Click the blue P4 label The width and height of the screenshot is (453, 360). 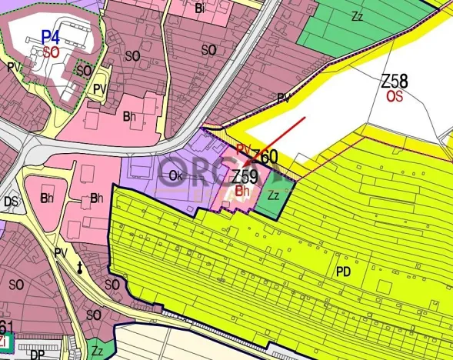click(x=51, y=36)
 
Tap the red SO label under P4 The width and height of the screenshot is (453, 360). click(x=51, y=52)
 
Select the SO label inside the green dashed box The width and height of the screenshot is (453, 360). click(x=85, y=71)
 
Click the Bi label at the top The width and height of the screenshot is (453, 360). click(x=200, y=8)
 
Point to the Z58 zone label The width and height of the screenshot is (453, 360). click(x=395, y=81)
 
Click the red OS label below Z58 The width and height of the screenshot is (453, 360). click(x=395, y=96)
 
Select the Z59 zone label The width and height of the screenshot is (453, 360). click(x=245, y=175)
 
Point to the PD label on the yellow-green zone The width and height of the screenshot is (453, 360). click(x=343, y=271)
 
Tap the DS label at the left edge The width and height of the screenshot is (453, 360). click(x=11, y=202)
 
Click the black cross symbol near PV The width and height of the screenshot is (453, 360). click(x=80, y=267)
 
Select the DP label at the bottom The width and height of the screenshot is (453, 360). click(x=37, y=355)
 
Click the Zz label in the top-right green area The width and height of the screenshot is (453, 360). click(x=357, y=16)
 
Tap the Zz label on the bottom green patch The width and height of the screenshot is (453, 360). click(x=97, y=351)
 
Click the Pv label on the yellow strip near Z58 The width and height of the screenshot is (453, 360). click(x=283, y=98)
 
